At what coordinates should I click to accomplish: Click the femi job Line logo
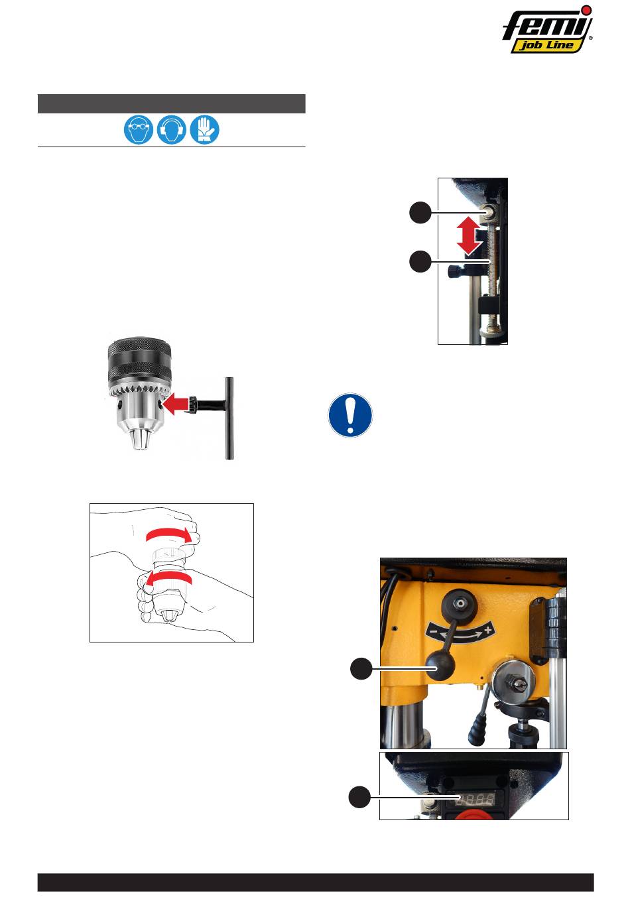point(547,30)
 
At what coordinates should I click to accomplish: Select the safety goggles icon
point(139,130)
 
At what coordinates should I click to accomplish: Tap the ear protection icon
point(172,130)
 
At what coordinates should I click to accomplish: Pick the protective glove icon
point(204,130)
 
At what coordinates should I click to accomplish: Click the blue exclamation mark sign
point(350,415)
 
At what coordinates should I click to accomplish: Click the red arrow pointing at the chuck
point(175,403)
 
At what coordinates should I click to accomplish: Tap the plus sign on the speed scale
point(488,631)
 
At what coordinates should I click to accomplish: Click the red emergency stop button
point(474,815)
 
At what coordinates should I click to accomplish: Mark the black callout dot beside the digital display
point(360,798)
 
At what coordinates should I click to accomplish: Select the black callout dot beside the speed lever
point(361,668)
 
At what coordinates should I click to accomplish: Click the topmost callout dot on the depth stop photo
point(420,212)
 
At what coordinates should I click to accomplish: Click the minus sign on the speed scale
point(434,632)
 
